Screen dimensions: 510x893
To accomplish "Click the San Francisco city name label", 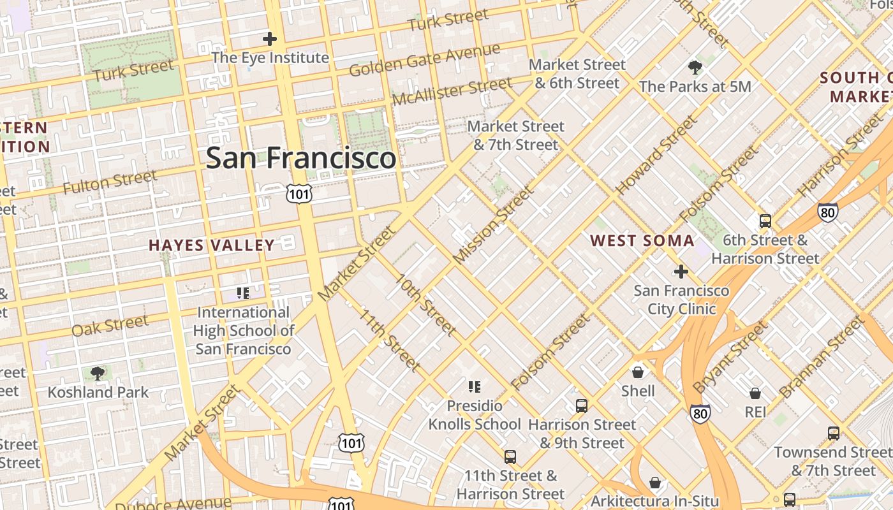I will tap(300, 157).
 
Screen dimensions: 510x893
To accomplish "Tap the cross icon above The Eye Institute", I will tap(270, 39).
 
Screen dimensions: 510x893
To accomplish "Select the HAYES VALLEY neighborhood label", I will tap(212, 245).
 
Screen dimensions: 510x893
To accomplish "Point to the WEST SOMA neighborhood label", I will tap(642, 240).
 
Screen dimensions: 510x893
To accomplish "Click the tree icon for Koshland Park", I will tap(98, 374).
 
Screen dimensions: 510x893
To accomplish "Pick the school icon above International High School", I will tap(242, 293).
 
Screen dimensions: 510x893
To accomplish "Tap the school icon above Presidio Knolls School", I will tap(474, 386).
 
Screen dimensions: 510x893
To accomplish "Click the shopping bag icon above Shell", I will tap(637, 372).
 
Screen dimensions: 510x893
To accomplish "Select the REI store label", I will tap(755, 412).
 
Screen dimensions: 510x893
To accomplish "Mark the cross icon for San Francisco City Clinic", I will tap(681, 272).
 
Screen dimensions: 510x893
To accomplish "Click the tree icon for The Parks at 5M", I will tap(695, 67).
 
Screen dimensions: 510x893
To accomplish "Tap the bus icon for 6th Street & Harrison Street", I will tap(765, 221).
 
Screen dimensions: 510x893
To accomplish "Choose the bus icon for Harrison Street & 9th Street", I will tap(581, 405).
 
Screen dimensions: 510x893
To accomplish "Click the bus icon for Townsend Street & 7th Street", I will tap(833, 433).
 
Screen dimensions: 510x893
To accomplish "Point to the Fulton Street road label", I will tap(110, 182).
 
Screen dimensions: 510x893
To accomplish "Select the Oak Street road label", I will tap(110, 326).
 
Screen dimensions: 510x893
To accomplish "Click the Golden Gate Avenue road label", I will tap(424, 61).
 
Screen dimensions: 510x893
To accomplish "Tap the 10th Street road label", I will tap(425, 305).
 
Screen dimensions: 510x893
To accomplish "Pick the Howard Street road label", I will tap(656, 155).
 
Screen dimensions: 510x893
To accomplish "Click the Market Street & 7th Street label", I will tap(515, 135).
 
